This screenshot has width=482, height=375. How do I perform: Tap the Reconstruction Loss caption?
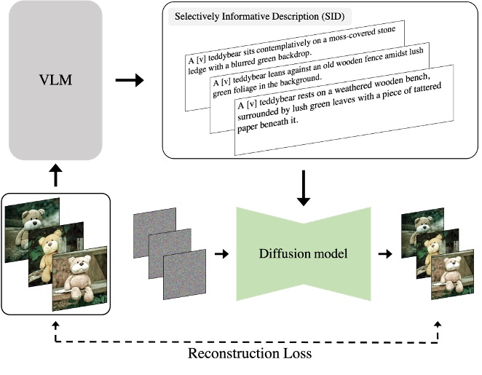250,355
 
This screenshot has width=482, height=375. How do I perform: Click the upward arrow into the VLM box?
55,173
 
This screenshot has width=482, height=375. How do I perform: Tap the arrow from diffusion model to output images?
383,254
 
